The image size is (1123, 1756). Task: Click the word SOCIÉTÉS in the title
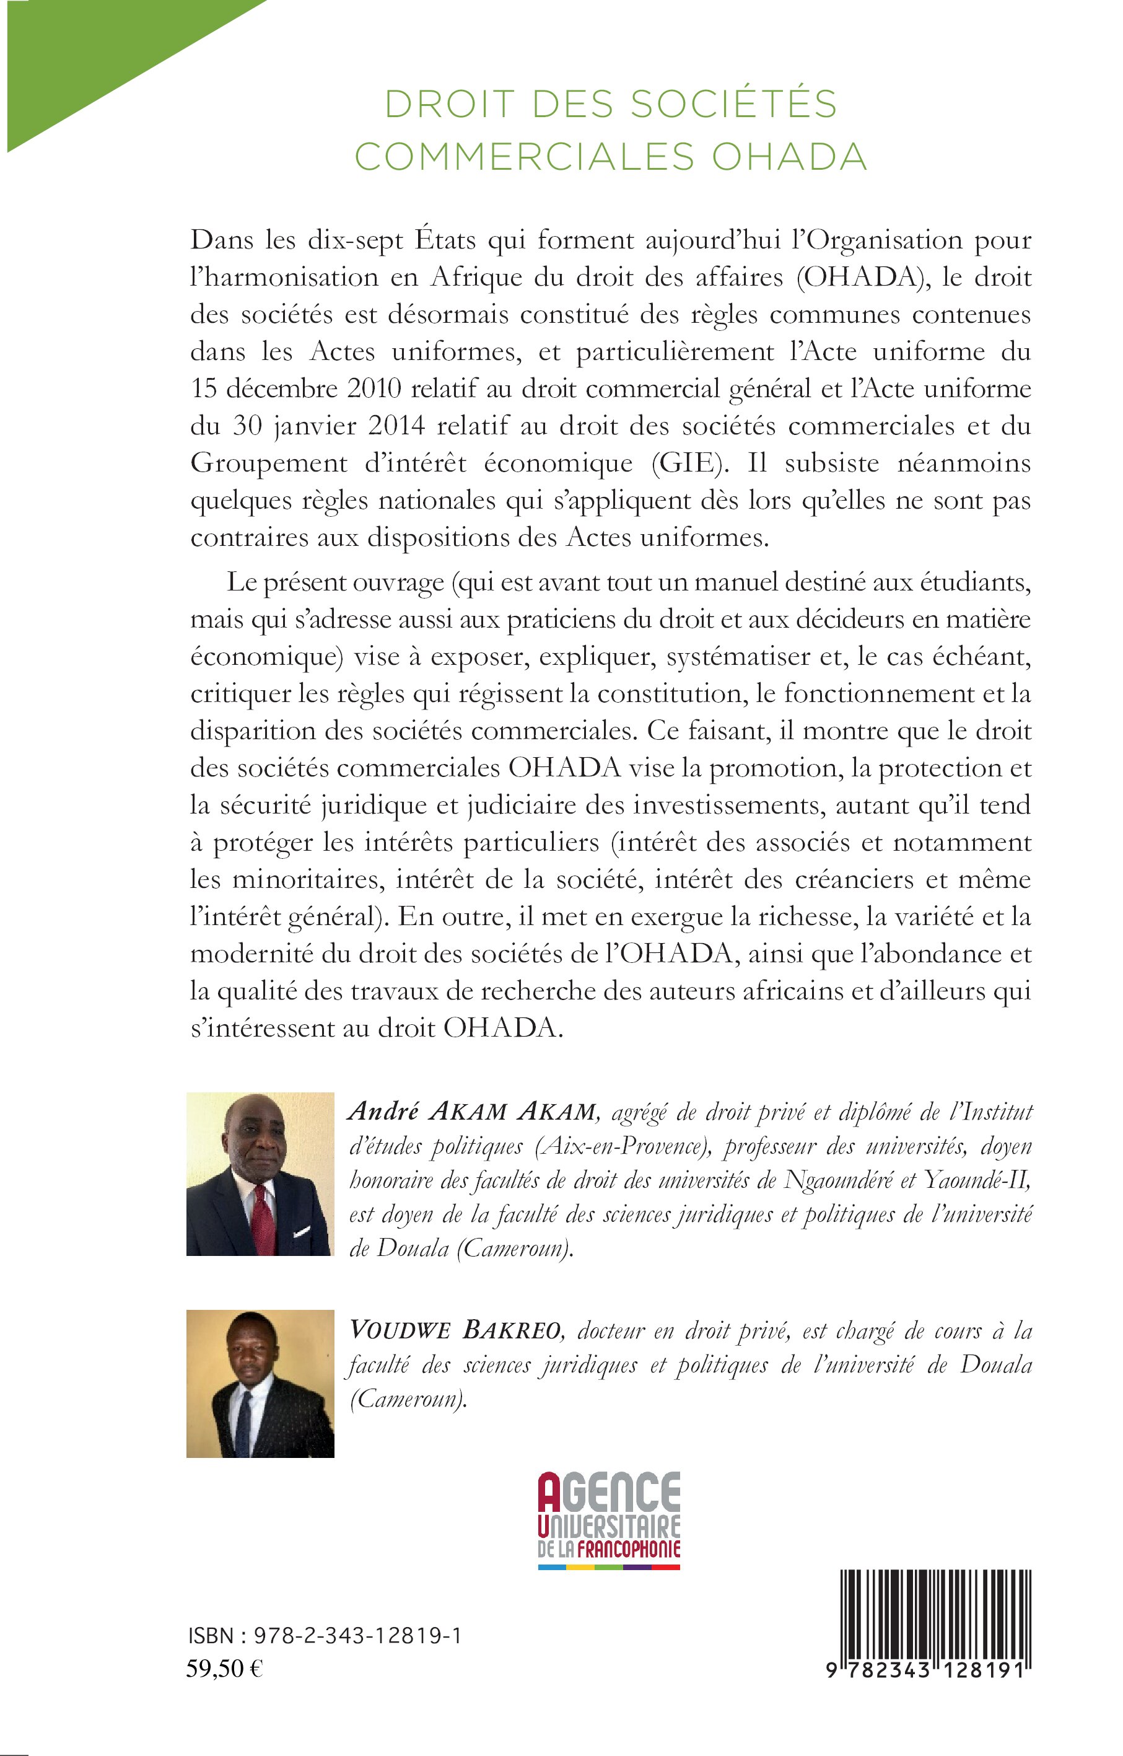tap(733, 103)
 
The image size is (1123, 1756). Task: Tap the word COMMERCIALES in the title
tap(523, 157)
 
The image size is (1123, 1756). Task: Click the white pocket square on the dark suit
tap(301, 1232)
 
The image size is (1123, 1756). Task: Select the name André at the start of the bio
tap(383, 1110)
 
